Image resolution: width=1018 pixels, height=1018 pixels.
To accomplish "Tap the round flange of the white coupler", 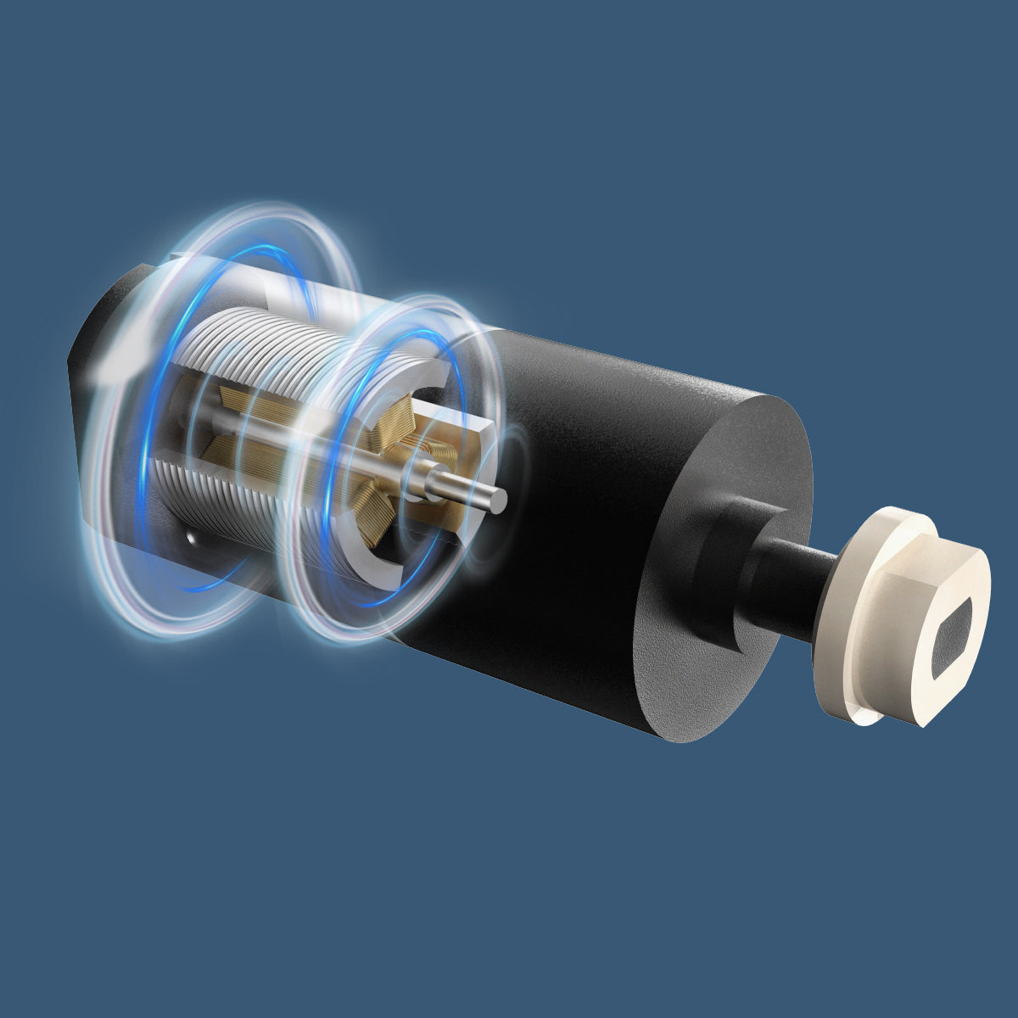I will pyautogui.click(x=840, y=645).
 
